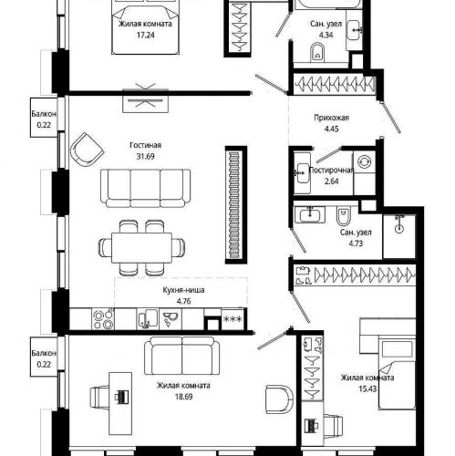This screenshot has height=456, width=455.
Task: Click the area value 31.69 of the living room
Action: [x=145, y=157]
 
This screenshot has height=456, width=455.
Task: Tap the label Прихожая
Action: [x=331, y=118]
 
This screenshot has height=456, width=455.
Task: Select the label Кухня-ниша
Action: [x=183, y=290]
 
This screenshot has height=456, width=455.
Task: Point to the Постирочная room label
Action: [x=331, y=171]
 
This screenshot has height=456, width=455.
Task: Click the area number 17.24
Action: [x=145, y=35]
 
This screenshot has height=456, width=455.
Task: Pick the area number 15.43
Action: [x=367, y=389]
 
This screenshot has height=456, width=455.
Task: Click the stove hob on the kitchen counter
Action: [x=103, y=319]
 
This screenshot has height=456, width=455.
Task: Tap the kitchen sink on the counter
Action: [x=148, y=319]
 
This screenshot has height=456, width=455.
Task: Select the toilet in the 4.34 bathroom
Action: [x=317, y=53]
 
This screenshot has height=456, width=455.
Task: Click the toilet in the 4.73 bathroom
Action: [x=344, y=215]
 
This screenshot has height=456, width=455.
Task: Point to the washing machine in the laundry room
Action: [x=365, y=161]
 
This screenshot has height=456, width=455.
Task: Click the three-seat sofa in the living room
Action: [x=145, y=189]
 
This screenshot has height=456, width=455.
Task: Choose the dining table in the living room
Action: [x=141, y=248]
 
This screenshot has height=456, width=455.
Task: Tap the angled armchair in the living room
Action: [x=87, y=150]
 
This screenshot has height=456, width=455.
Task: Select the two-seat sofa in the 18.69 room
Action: [x=181, y=357]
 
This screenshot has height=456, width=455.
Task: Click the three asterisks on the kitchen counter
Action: [x=233, y=319]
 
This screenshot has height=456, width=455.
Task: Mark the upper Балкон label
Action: [x=44, y=114]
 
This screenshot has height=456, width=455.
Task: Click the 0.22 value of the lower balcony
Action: [x=44, y=364]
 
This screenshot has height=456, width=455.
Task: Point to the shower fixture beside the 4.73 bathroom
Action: [x=399, y=224]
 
